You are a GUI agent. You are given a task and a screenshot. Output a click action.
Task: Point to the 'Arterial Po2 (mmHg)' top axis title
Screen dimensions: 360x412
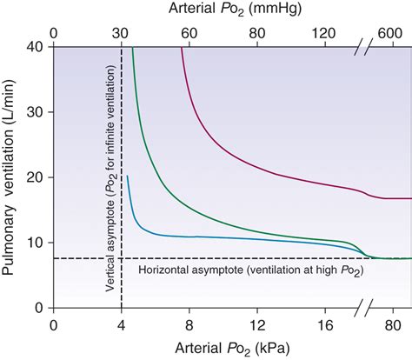coord(230,10)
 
